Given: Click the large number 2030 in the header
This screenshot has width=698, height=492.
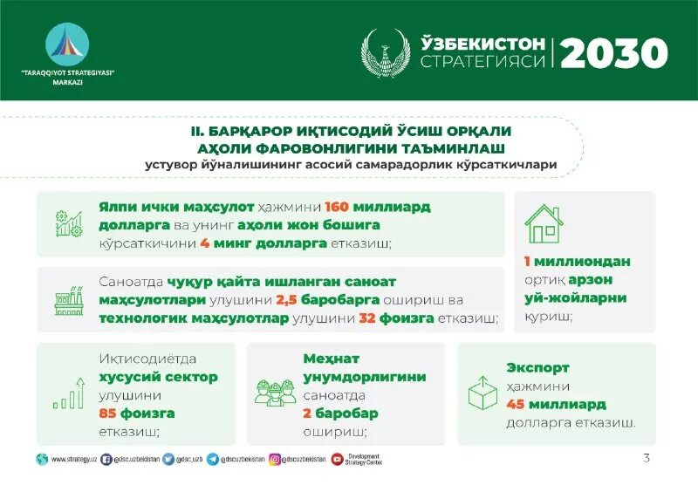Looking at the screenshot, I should [613, 54].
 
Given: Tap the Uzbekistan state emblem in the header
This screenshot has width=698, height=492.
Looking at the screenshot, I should [385, 53].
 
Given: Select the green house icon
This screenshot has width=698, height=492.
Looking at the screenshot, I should [543, 223].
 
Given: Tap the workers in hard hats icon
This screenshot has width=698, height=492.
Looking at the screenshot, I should [275, 392].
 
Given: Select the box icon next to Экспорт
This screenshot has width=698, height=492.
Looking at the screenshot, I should [482, 393].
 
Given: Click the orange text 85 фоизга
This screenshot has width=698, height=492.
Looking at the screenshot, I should [137, 413].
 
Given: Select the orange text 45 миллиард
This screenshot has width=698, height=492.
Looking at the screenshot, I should [556, 405].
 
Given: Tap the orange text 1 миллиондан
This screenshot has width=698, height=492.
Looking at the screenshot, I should [577, 261].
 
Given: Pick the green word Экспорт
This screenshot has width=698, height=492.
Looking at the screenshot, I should [537, 368].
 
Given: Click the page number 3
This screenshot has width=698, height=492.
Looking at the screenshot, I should [646, 458].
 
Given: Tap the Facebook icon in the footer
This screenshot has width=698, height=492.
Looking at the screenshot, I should [106, 459].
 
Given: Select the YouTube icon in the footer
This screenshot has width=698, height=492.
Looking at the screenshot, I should [337, 459].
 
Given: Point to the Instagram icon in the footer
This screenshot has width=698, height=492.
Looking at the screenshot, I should [275, 459].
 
